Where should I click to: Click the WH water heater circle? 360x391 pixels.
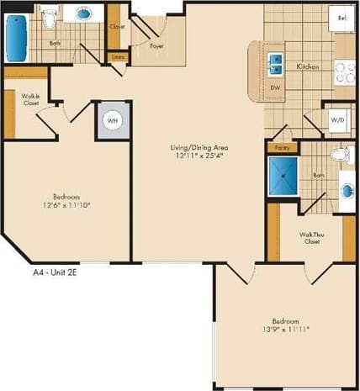(113, 121)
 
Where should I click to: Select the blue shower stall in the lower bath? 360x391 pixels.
(284, 173)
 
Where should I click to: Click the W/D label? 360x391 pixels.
(337, 121)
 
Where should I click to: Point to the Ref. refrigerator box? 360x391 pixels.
(341, 18)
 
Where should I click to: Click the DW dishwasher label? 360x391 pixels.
(274, 87)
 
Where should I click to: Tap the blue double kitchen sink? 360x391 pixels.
(274, 62)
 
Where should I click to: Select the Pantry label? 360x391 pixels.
(280, 147)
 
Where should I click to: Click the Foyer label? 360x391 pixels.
(156, 46)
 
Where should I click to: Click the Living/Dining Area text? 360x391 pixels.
(203, 147)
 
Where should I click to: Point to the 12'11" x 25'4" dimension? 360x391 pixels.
(203, 156)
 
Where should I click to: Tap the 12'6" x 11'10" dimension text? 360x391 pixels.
(67, 204)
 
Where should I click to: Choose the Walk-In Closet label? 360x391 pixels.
(32, 100)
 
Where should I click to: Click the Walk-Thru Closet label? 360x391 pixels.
(313, 237)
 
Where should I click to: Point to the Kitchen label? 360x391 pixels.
(304, 66)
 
